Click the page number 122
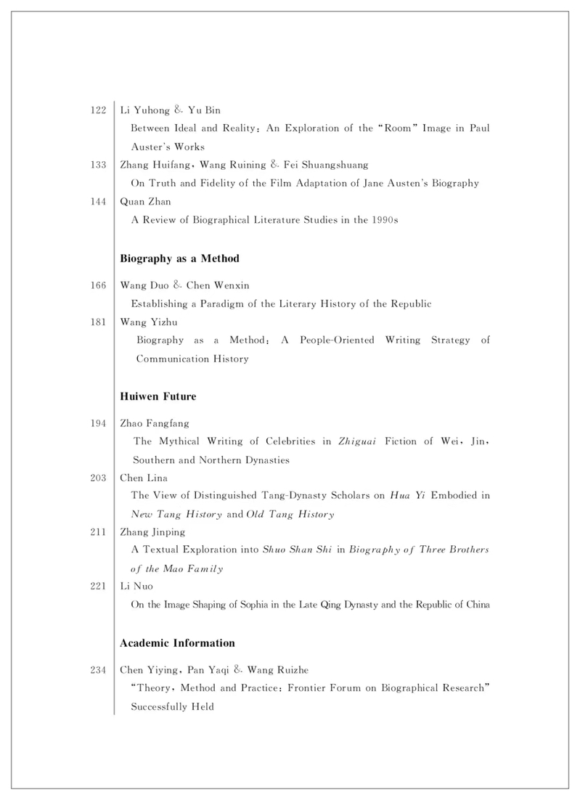click(99, 110)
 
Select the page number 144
click(99, 201)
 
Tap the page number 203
click(99, 477)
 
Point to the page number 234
click(99, 669)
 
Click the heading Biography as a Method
click(179, 258)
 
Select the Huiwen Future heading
click(158, 397)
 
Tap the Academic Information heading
click(177, 643)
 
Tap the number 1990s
click(384, 220)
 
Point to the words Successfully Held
click(172, 706)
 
